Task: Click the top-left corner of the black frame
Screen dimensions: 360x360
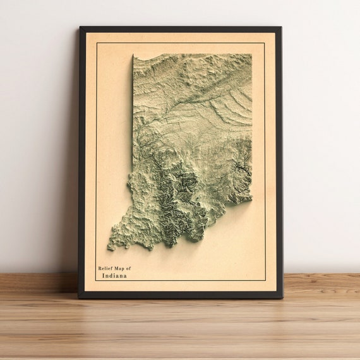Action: click(x=80, y=27)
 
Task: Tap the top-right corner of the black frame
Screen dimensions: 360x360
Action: click(x=281, y=27)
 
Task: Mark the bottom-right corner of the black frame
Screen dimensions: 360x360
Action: click(x=282, y=297)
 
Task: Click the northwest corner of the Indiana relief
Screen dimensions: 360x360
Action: click(x=133, y=56)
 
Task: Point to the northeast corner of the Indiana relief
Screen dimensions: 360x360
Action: click(x=251, y=54)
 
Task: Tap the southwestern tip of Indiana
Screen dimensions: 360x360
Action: click(x=110, y=248)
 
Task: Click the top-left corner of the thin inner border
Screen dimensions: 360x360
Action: click(x=96, y=43)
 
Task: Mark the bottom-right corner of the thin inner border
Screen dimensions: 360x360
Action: click(x=265, y=282)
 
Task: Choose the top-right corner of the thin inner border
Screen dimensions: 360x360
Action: click(x=265, y=43)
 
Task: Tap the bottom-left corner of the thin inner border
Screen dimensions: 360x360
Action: click(x=96, y=282)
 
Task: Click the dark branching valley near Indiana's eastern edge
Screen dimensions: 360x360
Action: click(x=240, y=169)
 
